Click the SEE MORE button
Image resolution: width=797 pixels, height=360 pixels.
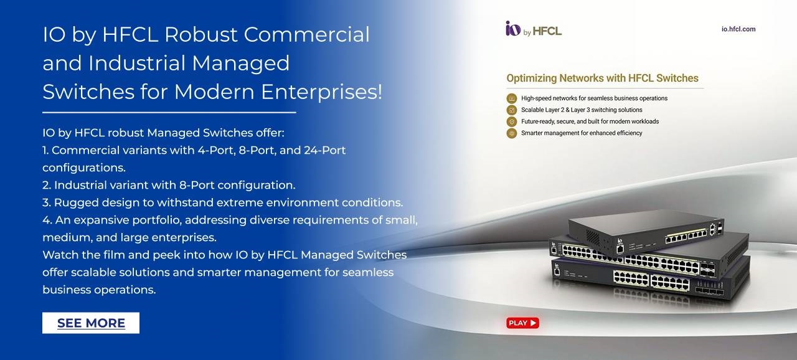[x=91, y=323]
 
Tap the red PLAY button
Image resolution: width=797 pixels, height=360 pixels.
[x=522, y=323]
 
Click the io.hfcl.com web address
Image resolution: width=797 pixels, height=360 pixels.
[x=738, y=29]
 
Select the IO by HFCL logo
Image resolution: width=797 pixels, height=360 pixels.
[x=534, y=29]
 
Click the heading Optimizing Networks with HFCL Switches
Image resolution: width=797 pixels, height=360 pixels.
[x=602, y=78]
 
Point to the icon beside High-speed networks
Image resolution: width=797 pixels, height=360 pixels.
[x=512, y=98]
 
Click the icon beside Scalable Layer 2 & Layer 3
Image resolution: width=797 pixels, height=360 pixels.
[x=512, y=110]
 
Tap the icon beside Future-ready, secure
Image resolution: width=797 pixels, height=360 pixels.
[x=512, y=121]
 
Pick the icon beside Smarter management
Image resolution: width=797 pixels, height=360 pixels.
[x=512, y=133]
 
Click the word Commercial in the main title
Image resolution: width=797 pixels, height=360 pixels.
[x=306, y=34]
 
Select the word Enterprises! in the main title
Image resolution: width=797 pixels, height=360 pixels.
[x=322, y=92]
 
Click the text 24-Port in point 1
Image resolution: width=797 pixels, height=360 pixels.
[x=324, y=150]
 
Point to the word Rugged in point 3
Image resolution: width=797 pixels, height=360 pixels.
[x=76, y=203]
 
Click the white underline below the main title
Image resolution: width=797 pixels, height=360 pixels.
[x=169, y=112]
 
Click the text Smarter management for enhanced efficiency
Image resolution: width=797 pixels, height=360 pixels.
[x=582, y=133]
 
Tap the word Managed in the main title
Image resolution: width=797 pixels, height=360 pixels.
[x=240, y=63]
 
